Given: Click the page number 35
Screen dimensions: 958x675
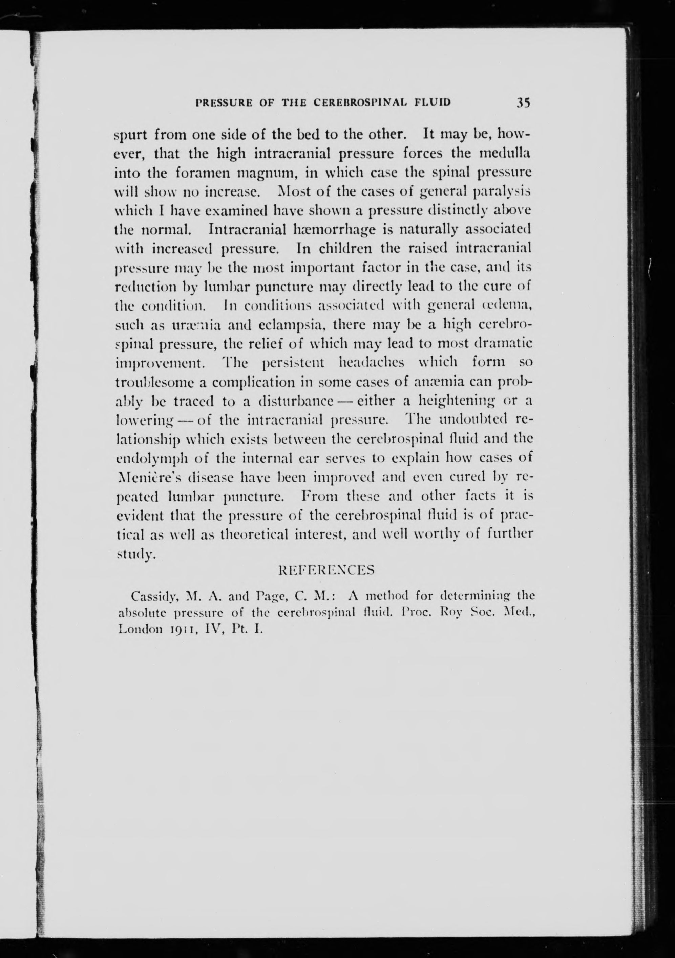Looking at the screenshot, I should point(523,102).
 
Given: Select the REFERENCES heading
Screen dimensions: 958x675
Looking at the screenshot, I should point(326,570).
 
